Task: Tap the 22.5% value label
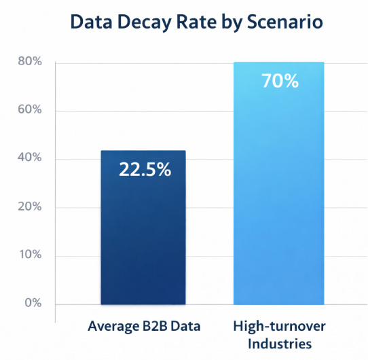click(145, 170)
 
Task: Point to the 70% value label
click(280, 82)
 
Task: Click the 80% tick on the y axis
click(29, 62)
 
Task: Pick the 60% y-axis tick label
click(29, 110)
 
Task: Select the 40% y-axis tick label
click(29, 158)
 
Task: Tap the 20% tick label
click(29, 206)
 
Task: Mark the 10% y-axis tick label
click(29, 255)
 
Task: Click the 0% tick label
click(32, 303)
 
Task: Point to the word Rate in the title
click(201, 22)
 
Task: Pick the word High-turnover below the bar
click(280, 327)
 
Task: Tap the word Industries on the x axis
click(280, 343)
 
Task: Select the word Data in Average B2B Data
click(187, 327)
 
